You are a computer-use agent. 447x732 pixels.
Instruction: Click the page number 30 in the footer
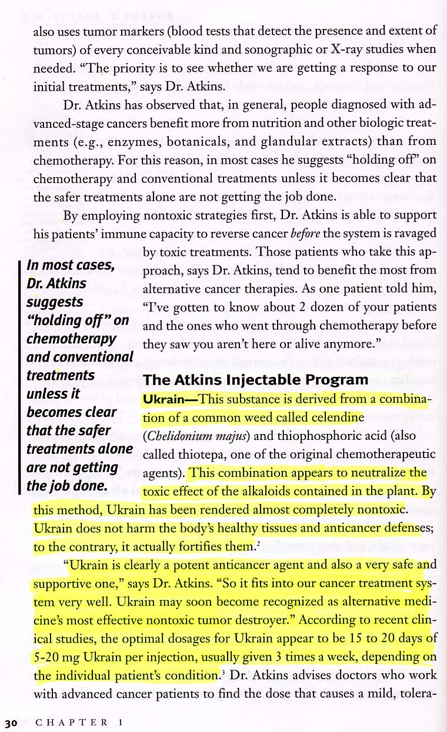11,722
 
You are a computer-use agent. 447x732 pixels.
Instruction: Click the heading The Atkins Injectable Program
256,380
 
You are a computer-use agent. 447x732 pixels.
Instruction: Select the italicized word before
306,233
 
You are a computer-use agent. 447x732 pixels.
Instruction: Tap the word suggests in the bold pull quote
55,302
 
